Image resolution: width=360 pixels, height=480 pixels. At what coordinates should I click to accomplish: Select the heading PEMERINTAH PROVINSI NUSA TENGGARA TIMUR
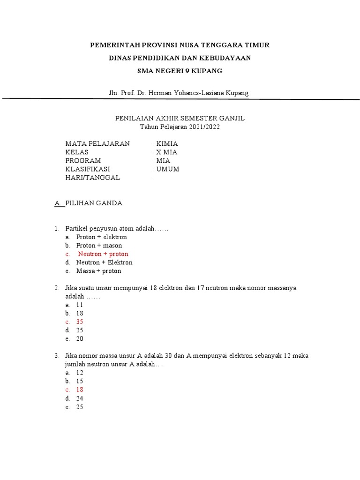click(180, 45)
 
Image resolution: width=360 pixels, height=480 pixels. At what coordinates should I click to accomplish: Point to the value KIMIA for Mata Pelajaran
click(167, 143)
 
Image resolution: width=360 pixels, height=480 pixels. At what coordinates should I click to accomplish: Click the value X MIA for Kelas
click(166, 152)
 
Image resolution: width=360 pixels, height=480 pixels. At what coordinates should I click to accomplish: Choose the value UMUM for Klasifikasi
click(168, 169)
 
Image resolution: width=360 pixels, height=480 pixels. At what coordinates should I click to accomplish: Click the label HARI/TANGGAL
click(93, 178)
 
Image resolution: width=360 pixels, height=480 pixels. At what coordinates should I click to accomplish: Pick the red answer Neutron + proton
click(103, 254)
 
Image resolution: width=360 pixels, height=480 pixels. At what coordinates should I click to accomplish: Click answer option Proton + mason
click(99, 246)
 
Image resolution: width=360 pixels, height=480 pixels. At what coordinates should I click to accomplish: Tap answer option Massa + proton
click(98, 271)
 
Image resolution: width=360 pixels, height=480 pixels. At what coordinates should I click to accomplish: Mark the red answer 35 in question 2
click(80, 322)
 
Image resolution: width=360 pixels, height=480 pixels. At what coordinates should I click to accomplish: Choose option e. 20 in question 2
click(80, 339)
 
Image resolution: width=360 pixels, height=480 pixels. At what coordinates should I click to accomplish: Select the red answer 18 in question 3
click(80, 390)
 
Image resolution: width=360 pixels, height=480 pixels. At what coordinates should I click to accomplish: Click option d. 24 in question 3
click(80, 398)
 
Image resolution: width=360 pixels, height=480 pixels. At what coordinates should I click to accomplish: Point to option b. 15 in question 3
click(80, 381)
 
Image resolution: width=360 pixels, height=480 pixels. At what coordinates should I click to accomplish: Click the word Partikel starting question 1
click(77, 228)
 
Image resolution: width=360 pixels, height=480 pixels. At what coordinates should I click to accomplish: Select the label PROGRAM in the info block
click(83, 160)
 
